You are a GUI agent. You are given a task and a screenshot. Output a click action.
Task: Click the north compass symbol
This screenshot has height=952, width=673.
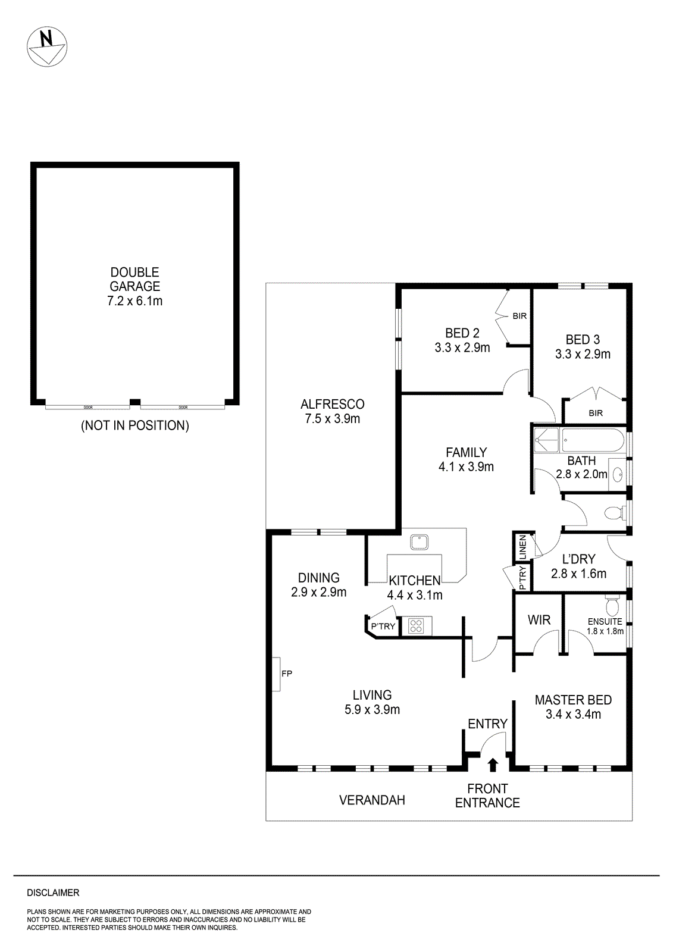point(46,46)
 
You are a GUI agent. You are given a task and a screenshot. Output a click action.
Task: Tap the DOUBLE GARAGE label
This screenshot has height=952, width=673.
point(134,279)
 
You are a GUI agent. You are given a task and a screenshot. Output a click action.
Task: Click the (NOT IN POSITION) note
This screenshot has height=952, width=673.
point(134,425)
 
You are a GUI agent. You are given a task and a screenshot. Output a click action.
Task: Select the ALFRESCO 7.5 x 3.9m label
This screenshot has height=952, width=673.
point(332,411)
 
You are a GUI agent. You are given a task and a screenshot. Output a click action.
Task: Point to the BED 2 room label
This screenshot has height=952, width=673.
point(462,333)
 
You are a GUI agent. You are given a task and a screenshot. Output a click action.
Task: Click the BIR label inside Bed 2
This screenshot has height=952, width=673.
point(519,316)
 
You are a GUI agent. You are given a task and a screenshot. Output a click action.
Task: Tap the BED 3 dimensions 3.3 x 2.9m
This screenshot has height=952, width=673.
point(583,354)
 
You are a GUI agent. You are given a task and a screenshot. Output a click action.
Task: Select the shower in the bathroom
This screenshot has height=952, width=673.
point(546,440)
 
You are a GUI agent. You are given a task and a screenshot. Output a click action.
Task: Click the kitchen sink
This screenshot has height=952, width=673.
point(419,542)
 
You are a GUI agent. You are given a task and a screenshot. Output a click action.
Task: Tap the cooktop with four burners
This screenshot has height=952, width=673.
point(416,626)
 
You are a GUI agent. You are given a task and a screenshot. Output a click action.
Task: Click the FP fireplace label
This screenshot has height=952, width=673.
point(287,674)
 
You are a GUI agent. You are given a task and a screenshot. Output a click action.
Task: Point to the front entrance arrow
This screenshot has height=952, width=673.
point(493,764)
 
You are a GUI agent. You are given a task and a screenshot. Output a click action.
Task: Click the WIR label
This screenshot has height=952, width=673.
point(539,620)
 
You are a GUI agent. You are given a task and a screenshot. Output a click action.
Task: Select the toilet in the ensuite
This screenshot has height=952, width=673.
point(611,606)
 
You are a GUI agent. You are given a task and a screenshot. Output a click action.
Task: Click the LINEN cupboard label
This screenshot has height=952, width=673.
point(522,547)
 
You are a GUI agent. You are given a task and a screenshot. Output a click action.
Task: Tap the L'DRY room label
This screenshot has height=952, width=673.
point(578,559)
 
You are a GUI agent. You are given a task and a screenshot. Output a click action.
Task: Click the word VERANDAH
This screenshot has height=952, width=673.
point(372,800)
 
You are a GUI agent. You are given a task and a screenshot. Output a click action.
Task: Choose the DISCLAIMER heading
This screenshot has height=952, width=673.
point(53,892)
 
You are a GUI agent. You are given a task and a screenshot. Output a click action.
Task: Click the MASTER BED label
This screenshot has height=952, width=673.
point(573,700)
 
